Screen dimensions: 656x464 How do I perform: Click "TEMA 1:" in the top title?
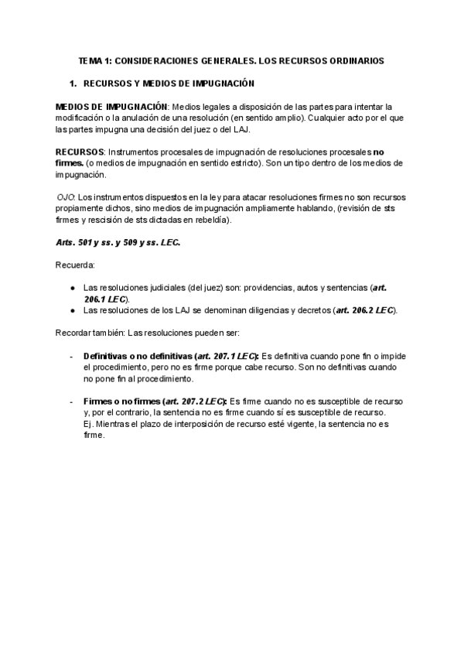[x=95, y=60]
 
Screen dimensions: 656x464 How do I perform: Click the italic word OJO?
[x=66, y=197]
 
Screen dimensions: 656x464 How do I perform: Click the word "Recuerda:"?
[x=75, y=265]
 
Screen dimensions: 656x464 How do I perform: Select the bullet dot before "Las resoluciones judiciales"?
[x=71, y=288]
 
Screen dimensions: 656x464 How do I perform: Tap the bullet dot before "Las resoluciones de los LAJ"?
[x=71, y=310]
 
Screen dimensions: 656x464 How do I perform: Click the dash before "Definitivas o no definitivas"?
[x=71, y=356]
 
